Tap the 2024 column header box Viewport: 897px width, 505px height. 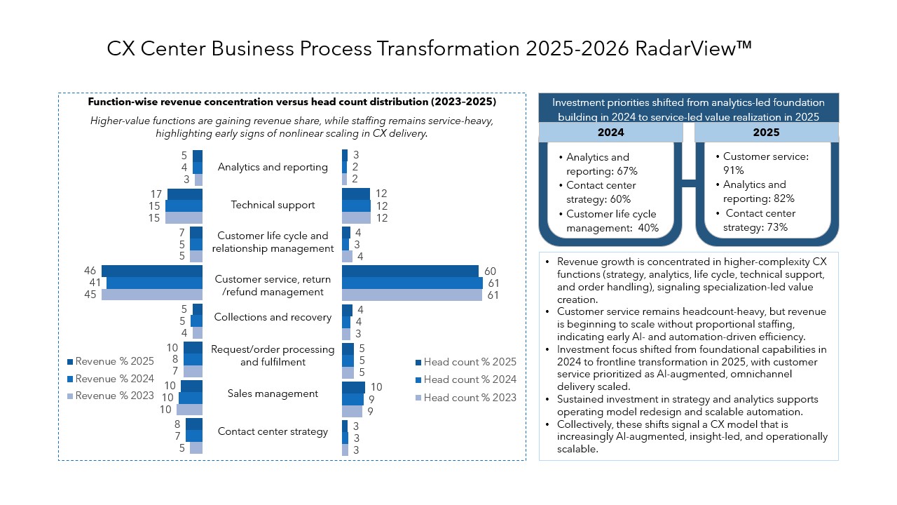tap(610, 133)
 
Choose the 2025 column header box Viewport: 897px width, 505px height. tap(766, 133)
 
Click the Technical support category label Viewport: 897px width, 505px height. tap(273, 206)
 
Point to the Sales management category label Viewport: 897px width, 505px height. tap(273, 394)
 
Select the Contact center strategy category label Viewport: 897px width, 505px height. tap(273, 432)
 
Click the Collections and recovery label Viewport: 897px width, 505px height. tap(273, 318)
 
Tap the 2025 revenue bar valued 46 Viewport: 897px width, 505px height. tap(152, 271)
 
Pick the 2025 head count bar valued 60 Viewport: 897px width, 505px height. tap(410, 271)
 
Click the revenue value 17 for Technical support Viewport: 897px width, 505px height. tap(156, 194)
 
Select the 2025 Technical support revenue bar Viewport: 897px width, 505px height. tap(185, 194)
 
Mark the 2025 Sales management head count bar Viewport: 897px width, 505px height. tap(353, 387)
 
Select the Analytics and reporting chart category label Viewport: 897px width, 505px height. tap(273, 168)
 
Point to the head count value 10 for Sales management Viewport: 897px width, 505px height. tap(376, 387)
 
